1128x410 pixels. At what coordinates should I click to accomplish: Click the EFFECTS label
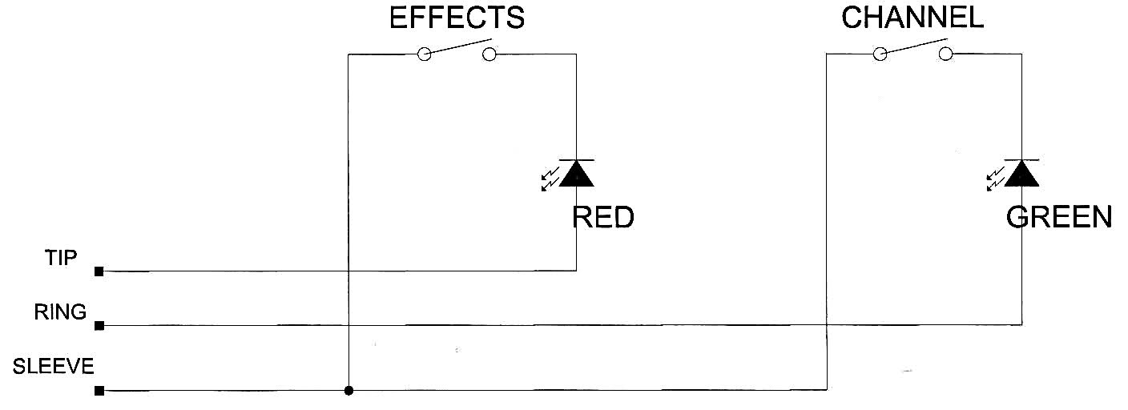point(457,18)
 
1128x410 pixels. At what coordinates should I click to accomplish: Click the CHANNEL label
point(912,18)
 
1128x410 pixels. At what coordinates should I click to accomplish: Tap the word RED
point(602,217)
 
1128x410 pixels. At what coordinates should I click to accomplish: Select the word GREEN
point(1059,217)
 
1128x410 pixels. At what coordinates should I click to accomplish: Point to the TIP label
point(61,258)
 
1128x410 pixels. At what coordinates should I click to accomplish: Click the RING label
point(60,312)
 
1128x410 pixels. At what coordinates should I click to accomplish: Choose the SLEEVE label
point(54,366)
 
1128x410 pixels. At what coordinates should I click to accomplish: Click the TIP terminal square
point(99,271)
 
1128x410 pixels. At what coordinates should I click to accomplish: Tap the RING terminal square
point(99,326)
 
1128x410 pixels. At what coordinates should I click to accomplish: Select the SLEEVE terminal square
point(99,391)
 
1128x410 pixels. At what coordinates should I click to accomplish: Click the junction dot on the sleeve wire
point(348,390)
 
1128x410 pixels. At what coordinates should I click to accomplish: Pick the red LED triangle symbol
point(577,173)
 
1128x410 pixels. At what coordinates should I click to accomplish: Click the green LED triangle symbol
point(1021,173)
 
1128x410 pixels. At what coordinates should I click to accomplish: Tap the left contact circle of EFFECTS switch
point(425,54)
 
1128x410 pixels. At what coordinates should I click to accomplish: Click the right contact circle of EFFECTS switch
point(489,54)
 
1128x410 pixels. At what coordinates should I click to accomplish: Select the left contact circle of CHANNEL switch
point(880,54)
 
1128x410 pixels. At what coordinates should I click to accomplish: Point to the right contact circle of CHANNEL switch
point(945,54)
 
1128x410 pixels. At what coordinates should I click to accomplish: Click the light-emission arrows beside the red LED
point(550,179)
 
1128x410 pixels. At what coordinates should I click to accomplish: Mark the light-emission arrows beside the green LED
point(996,179)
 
